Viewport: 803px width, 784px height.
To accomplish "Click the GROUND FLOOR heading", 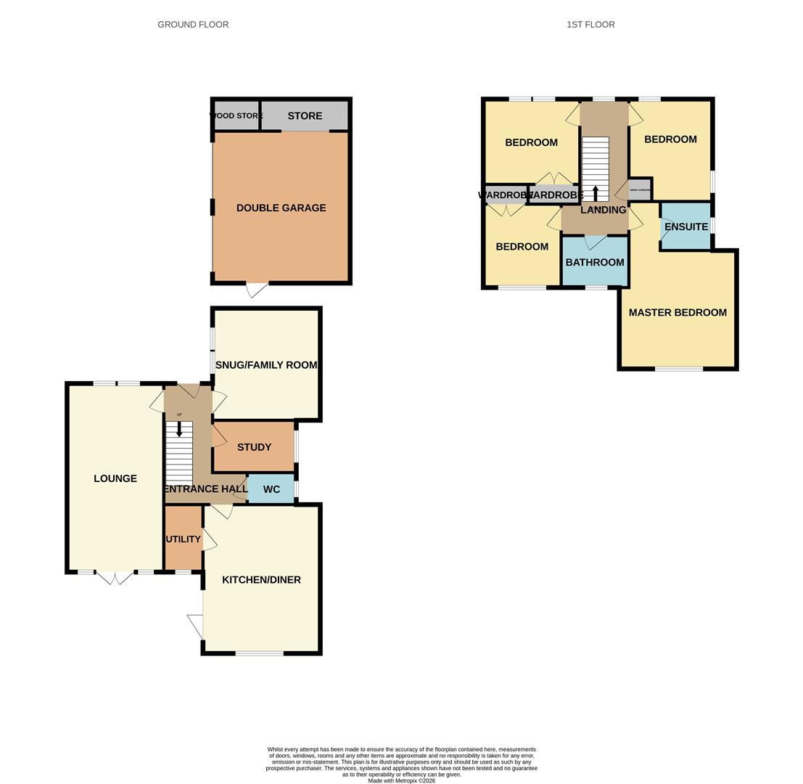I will click(193, 25).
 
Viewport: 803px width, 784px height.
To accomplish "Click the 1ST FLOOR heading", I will click(590, 25).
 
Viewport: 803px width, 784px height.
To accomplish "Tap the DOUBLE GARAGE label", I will click(281, 208).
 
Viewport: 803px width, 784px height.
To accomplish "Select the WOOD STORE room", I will click(236, 116).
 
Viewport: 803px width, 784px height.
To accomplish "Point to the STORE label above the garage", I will click(305, 116).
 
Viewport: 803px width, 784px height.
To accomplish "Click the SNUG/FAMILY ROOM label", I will click(266, 365).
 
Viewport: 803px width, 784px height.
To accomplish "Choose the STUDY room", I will click(254, 447).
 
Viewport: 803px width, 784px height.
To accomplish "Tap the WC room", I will click(271, 489).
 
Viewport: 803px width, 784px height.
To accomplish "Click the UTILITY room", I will click(183, 539).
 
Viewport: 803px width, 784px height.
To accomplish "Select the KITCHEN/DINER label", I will click(261, 580).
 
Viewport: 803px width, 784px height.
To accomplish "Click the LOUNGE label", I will click(115, 478).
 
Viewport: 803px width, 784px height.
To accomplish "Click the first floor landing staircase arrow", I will click(596, 193).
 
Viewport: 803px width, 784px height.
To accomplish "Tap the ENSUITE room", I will click(685, 226).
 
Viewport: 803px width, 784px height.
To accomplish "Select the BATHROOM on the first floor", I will click(595, 262).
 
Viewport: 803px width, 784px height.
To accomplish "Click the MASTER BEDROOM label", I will click(678, 313).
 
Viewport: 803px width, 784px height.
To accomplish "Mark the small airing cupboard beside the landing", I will click(639, 189).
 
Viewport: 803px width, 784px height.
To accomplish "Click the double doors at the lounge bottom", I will click(115, 578).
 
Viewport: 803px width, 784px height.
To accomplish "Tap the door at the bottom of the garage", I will click(257, 290).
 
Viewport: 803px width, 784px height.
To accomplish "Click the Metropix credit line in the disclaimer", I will click(401, 780).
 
